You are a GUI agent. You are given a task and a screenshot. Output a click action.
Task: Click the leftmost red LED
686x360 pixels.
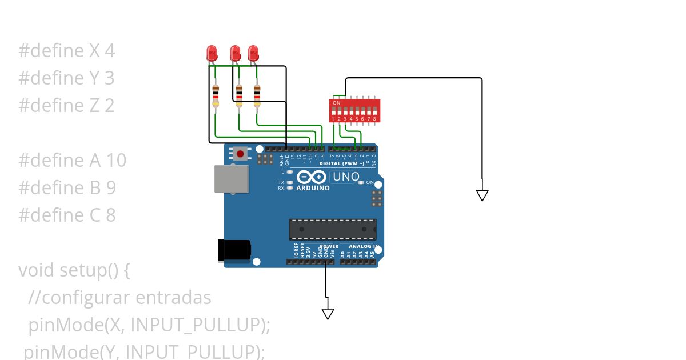[x=212, y=53]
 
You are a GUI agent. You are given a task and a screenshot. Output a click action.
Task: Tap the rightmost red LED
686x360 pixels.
[x=253, y=53]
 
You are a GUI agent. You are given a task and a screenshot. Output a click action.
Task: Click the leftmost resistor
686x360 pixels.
[x=216, y=95]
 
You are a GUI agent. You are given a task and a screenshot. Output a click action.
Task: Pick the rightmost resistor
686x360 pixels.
[x=257, y=95]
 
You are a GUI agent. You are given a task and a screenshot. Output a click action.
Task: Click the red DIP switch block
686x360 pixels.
[x=353, y=110]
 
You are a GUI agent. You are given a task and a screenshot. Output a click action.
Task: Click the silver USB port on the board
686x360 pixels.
[x=231, y=179]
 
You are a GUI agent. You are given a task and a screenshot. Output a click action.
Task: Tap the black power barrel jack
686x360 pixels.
[x=234, y=250]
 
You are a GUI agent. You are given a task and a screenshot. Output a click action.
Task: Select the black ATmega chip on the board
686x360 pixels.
[x=333, y=229]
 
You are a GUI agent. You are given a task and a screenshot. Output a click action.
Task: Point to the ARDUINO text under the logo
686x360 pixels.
[x=313, y=188]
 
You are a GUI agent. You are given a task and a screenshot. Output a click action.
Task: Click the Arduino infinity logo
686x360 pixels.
[x=312, y=177]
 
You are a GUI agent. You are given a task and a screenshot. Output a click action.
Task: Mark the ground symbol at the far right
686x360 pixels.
[x=482, y=195]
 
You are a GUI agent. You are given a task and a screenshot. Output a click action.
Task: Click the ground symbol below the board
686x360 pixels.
[x=328, y=314]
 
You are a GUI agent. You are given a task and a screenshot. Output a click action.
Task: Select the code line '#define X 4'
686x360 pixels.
[x=66, y=51]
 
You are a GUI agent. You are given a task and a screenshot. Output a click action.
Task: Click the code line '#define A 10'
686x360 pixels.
[x=72, y=160]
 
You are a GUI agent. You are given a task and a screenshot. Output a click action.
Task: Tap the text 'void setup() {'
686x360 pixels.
[x=74, y=270]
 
